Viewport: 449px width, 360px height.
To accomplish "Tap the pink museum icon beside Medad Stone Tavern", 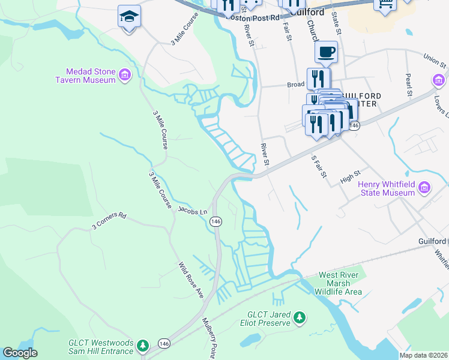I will (x=125, y=75).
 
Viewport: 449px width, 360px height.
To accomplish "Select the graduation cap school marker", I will (x=129, y=16).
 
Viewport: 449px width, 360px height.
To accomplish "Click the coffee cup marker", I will (x=326, y=52).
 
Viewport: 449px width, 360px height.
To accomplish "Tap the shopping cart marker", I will (x=385, y=4).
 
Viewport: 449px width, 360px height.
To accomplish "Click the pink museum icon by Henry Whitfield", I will (x=424, y=188).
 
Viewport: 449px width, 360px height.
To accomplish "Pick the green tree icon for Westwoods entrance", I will (x=142, y=345).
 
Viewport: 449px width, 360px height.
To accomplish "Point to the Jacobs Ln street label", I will (x=193, y=211).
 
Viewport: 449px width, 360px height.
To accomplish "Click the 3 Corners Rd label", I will (x=110, y=221).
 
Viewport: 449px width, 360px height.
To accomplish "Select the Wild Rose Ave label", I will (x=191, y=280).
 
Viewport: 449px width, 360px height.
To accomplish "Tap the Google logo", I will (x=20, y=353).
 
